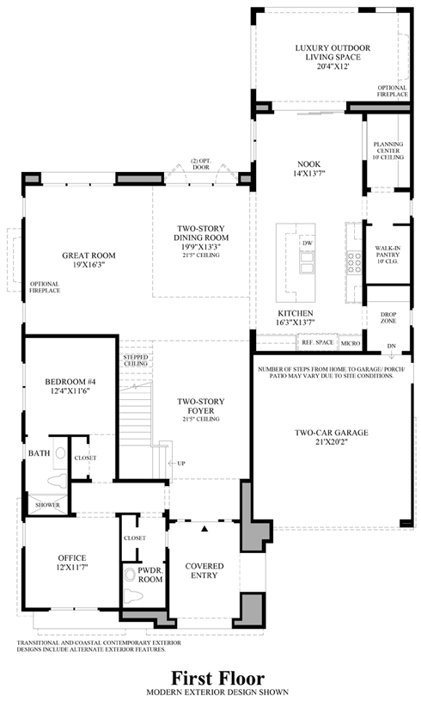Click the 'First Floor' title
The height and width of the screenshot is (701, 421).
(210, 679)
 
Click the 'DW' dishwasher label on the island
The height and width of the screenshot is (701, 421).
(307, 243)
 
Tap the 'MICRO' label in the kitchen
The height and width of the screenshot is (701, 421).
(350, 343)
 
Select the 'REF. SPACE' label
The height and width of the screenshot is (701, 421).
(316, 343)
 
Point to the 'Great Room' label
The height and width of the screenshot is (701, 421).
(88, 260)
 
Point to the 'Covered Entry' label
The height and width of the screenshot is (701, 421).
(204, 570)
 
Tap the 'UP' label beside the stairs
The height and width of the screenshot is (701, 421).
(181, 464)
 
